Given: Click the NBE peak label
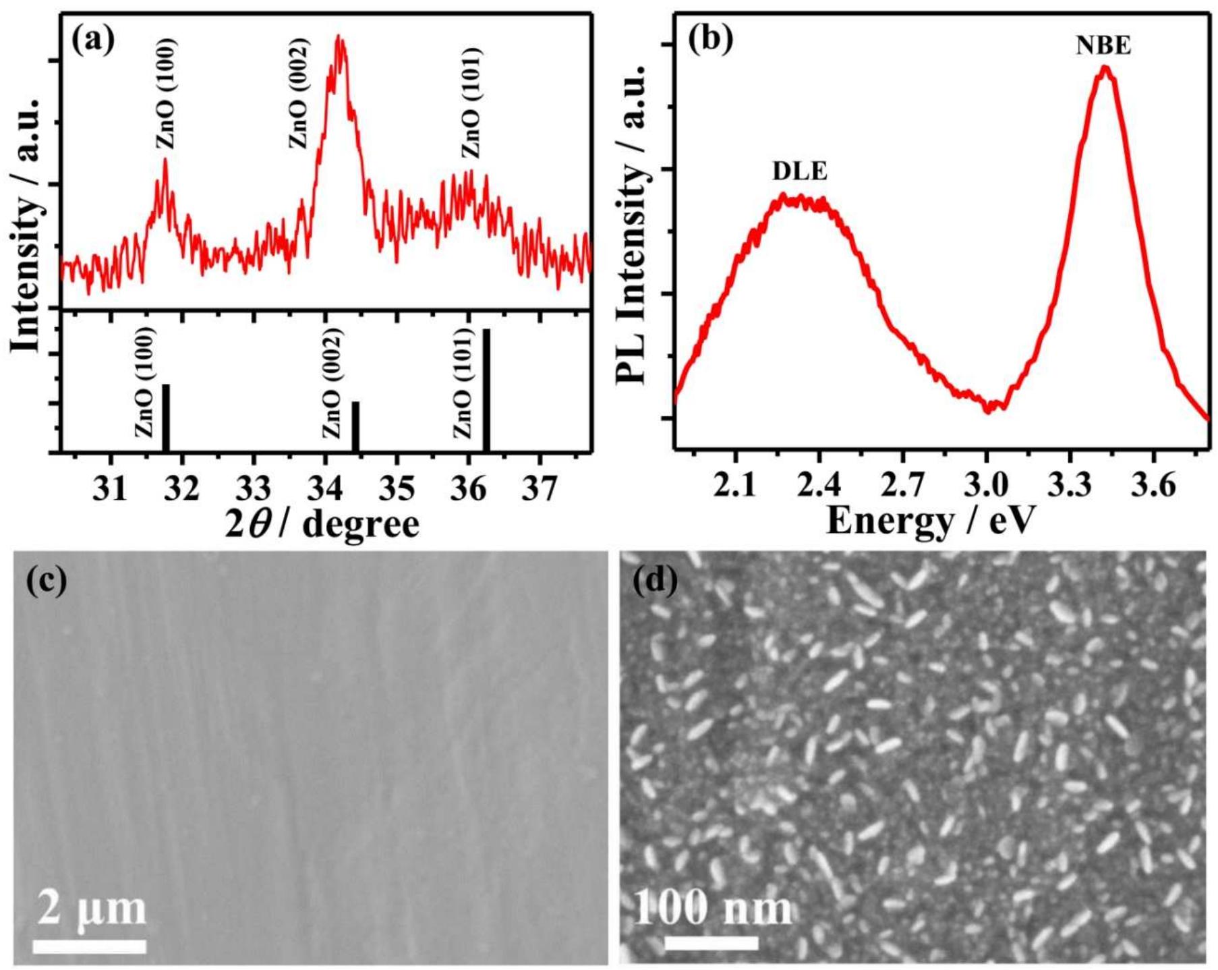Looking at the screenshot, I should coord(1103,45).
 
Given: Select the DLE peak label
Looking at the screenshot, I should coord(800,171).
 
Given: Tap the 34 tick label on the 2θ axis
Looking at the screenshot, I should coord(326,488).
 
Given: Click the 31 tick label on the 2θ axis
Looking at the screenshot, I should coord(110,488).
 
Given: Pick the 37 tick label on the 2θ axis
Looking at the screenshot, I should coord(540,488).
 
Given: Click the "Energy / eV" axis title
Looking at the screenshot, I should coord(931,521).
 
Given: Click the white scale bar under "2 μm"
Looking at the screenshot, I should coord(90,946).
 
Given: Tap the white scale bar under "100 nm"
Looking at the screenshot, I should coord(712,942).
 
